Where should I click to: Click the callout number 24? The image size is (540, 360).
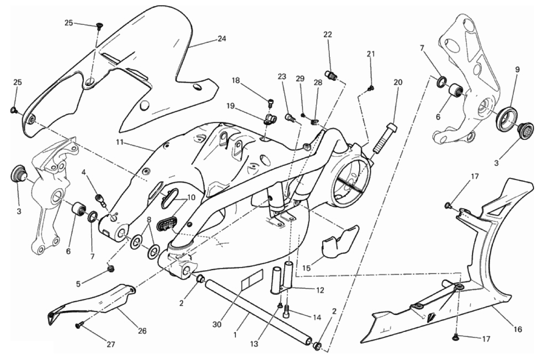tap(222, 39)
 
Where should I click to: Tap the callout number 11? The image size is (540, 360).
tap(120, 142)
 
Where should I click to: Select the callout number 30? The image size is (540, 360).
tap(217, 324)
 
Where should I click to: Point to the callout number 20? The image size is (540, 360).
tap(398, 83)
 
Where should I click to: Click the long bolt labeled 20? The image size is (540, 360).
tap(384, 137)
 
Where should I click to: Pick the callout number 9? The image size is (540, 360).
tap(517, 69)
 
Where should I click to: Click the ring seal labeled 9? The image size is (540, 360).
tap(508, 119)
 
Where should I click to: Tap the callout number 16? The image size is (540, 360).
tap(517, 329)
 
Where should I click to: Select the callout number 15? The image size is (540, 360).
tap(306, 268)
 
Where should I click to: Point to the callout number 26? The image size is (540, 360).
tap(142, 331)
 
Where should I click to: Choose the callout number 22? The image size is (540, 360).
tap(328, 34)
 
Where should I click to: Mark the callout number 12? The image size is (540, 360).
tap(320, 290)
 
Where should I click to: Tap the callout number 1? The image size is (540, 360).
tap(235, 334)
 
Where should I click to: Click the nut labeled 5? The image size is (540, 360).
tap(111, 268)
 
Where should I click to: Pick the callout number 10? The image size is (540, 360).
tap(191, 198)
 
